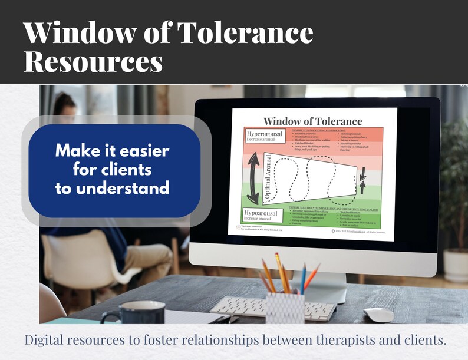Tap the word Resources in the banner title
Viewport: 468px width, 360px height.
[93, 62]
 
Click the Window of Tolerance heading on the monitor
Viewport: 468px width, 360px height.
[312, 121]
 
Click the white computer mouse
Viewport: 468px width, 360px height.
[378, 315]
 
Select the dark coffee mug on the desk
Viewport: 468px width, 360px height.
[126, 313]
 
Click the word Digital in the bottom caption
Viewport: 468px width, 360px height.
[45, 341]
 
